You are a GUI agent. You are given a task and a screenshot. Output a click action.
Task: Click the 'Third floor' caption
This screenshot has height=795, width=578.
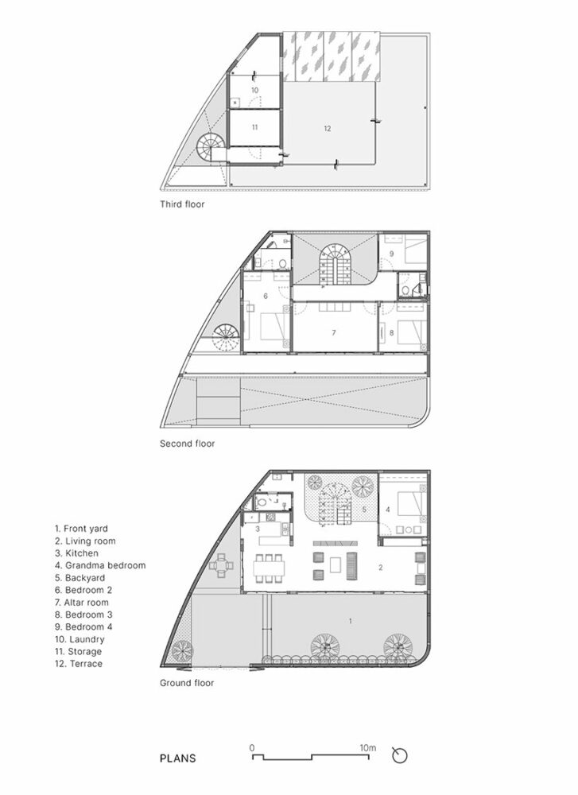pyautogui.click(x=182, y=204)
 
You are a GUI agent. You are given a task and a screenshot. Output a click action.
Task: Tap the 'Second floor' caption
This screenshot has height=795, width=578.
pyautogui.click(x=187, y=444)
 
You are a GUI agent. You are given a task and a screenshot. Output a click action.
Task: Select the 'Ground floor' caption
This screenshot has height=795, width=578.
pyautogui.click(x=187, y=682)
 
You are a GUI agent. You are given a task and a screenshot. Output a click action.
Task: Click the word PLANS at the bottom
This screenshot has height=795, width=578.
pyautogui.click(x=177, y=758)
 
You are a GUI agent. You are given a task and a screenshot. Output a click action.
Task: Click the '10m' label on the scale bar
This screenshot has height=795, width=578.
pyautogui.click(x=367, y=747)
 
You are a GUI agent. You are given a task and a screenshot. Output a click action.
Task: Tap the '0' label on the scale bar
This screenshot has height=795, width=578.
pyautogui.click(x=252, y=747)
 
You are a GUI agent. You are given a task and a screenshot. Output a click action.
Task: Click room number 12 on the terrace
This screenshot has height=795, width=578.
pyautogui.click(x=327, y=127)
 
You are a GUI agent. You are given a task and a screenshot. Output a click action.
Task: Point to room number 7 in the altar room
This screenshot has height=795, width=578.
pyautogui.click(x=335, y=332)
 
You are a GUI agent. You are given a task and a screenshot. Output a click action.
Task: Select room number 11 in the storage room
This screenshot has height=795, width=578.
pyautogui.click(x=254, y=127)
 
